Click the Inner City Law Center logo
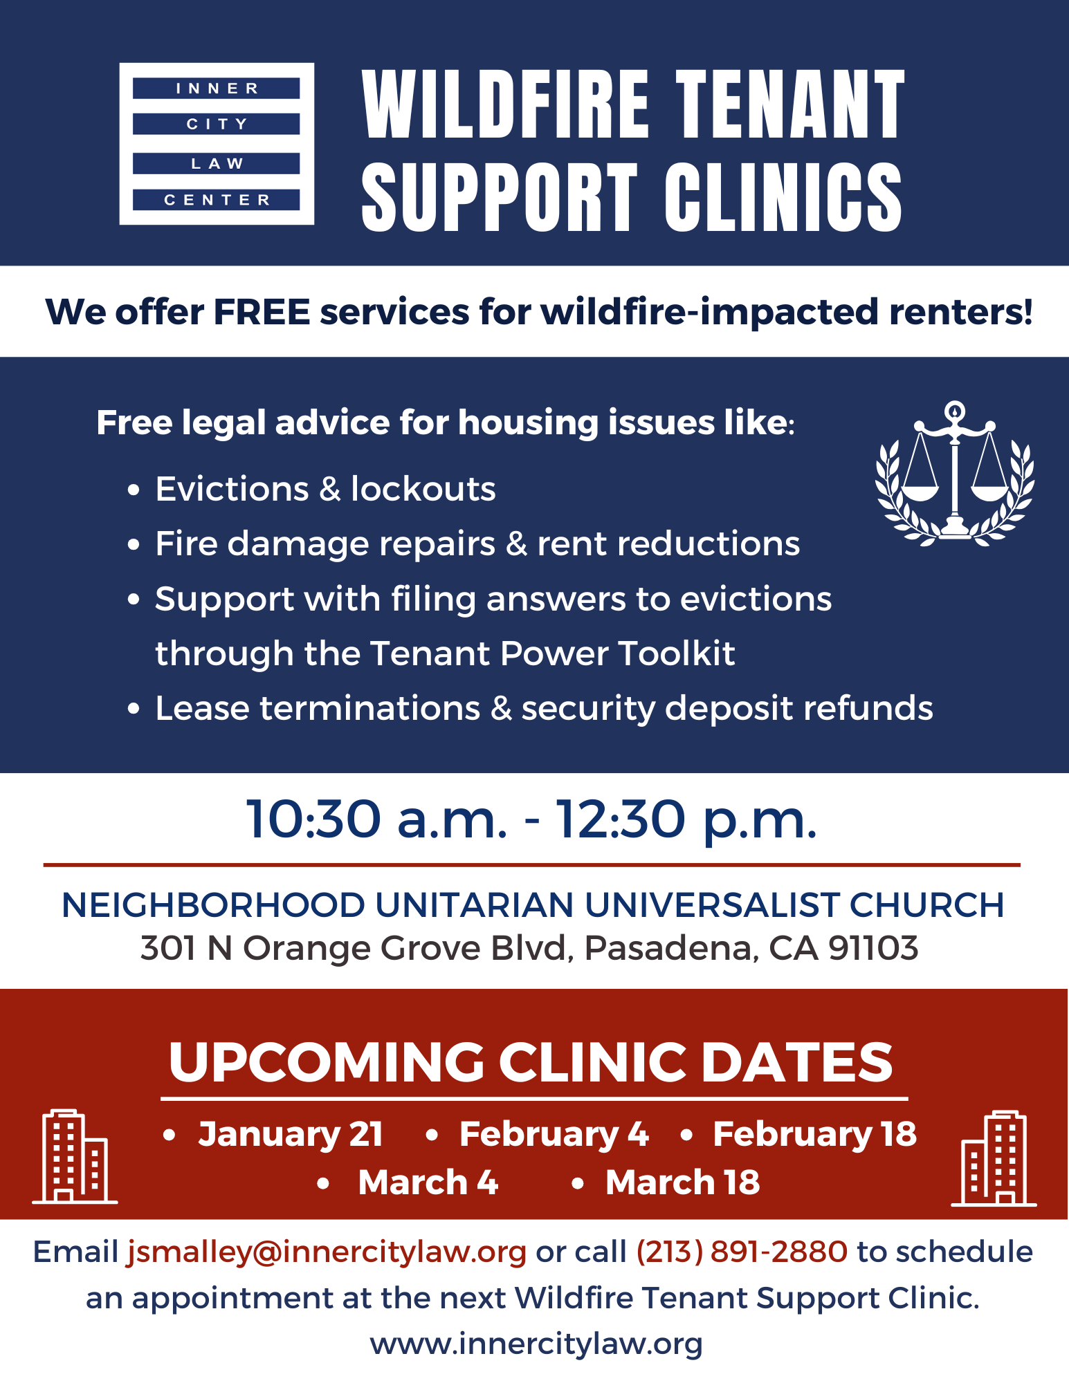click(217, 144)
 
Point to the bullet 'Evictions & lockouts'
click(325, 490)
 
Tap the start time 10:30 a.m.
click(377, 819)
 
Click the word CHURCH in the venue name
click(926, 905)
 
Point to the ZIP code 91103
click(873, 948)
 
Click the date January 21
click(291, 1135)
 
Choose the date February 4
click(554, 1135)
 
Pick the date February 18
click(814, 1135)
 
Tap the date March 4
click(428, 1182)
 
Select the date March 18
click(682, 1182)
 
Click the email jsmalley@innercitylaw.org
click(327, 1252)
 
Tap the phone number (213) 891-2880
click(742, 1252)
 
